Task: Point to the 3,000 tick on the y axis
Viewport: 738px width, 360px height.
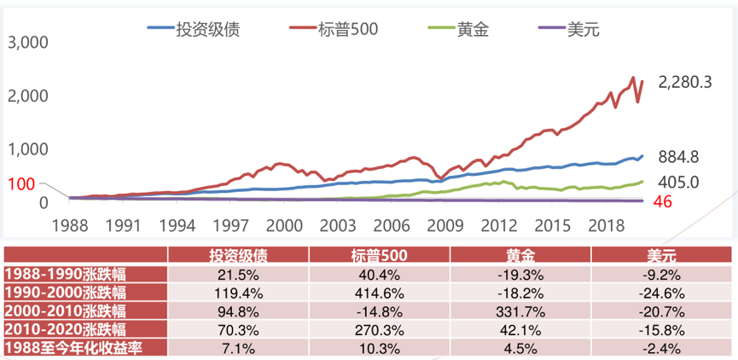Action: [28, 42]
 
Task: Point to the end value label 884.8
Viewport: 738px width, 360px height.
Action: [679, 157]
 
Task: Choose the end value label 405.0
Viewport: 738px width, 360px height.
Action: [679, 182]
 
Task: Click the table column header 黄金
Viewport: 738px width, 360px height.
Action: [520, 256]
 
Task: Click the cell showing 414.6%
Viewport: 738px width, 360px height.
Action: [379, 293]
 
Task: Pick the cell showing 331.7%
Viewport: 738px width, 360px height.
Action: [520, 311]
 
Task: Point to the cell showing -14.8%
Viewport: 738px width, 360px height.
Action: [379, 311]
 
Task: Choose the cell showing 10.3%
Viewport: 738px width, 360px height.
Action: [379, 348]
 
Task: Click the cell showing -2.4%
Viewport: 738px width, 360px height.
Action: [661, 348]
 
